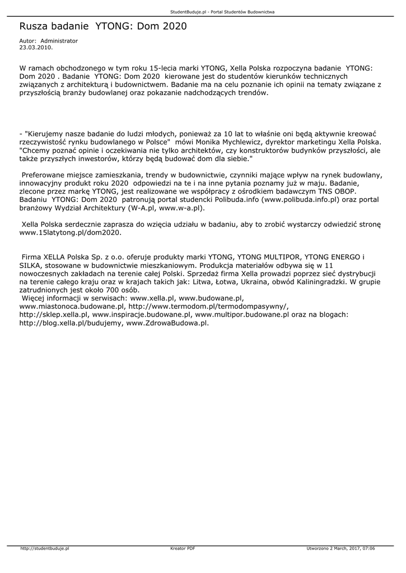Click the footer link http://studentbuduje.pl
[45, 548]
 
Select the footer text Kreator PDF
[183, 548]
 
